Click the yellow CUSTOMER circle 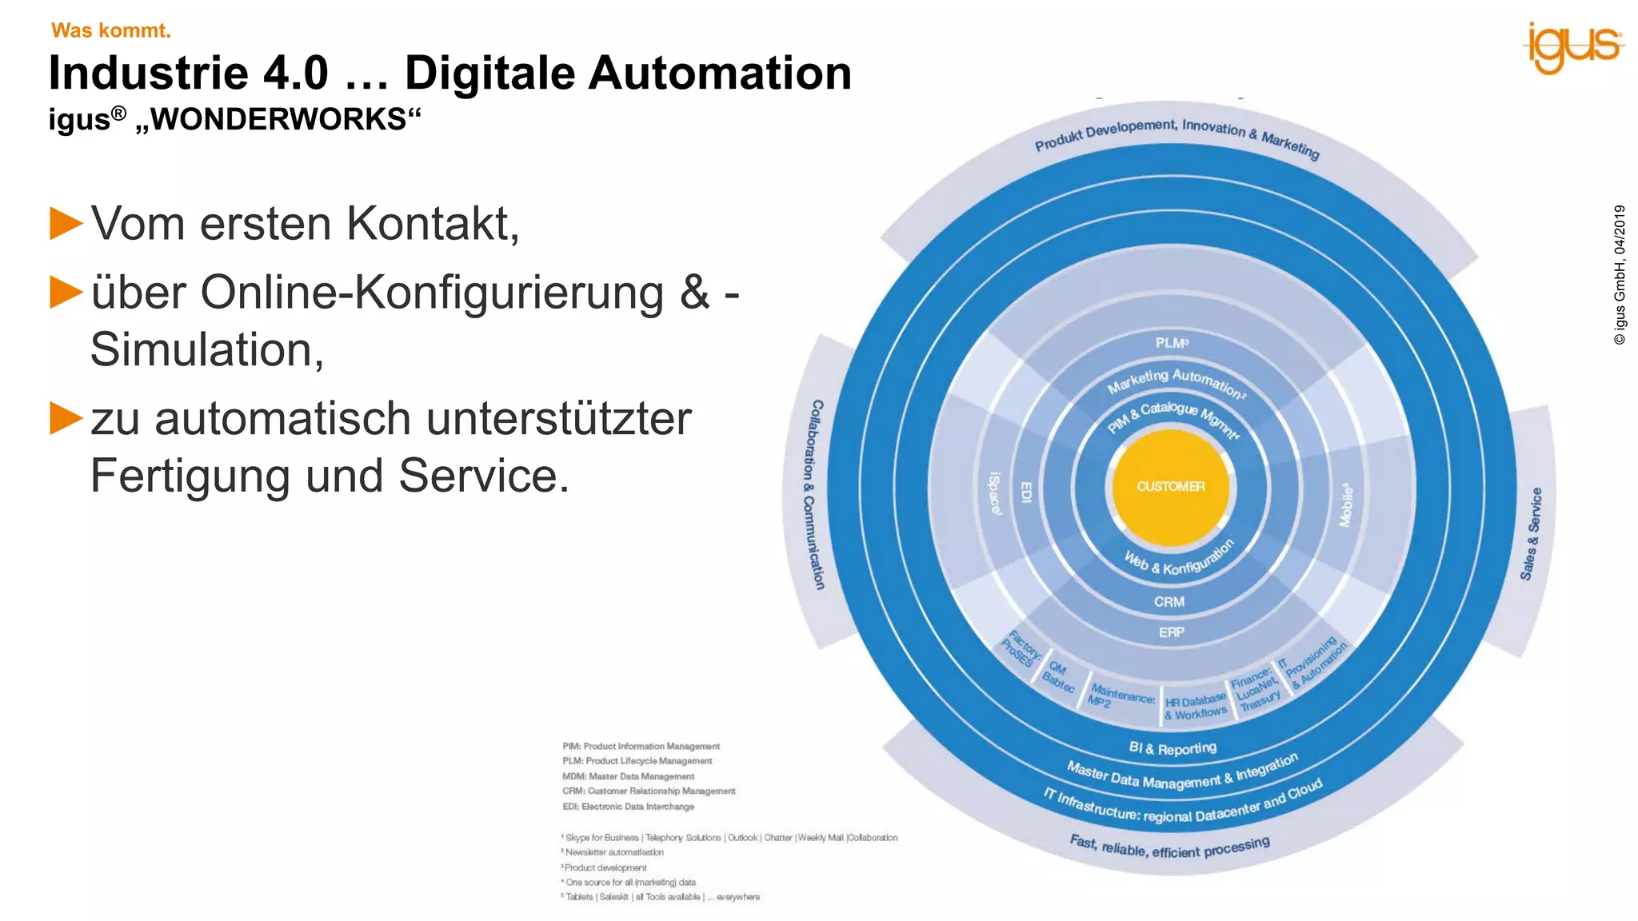click(x=1171, y=487)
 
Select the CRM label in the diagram click(x=1169, y=602)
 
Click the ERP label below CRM click(x=1172, y=632)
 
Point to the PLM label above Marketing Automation click(x=1172, y=343)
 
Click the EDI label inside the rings click(x=1026, y=492)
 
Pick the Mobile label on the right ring click(x=1347, y=504)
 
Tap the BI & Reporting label click(x=1173, y=748)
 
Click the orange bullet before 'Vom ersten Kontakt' click(x=66, y=223)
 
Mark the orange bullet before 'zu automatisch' click(x=66, y=418)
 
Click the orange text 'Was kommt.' click(x=111, y=30)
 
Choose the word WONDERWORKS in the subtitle click(x=278, y=119)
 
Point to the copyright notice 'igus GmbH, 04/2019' click(x=1620, y=275)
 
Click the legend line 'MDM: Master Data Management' click(x=628, y=776)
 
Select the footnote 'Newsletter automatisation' click(x=613, y=852)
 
